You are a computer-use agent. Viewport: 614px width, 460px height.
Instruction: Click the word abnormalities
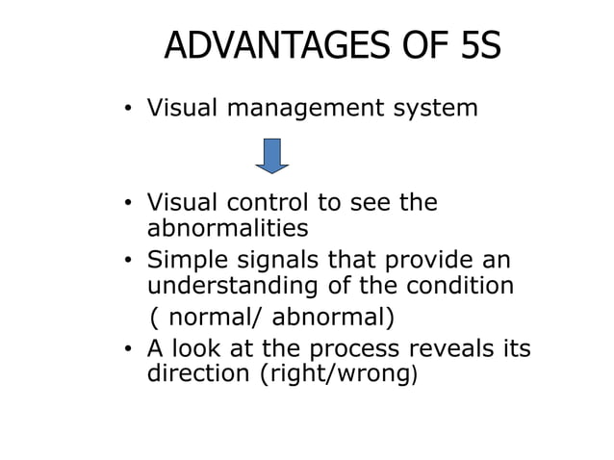pyautogui.click(x=227, y=228)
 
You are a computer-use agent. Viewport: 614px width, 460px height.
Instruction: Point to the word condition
pyautogui.click(x=455, y=286)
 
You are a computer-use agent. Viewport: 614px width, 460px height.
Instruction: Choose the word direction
pyautogui.click(x=199, y=373)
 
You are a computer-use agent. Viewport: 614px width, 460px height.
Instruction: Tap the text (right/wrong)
pyautogui.click(x=340, y=374)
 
